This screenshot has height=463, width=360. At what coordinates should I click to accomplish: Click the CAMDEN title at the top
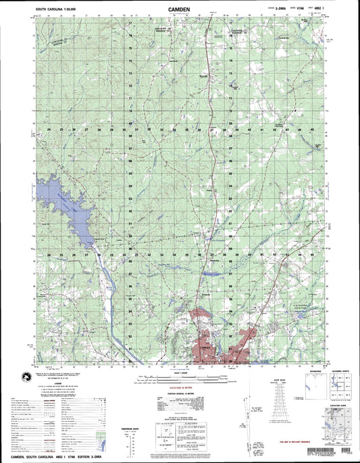[179, 9]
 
